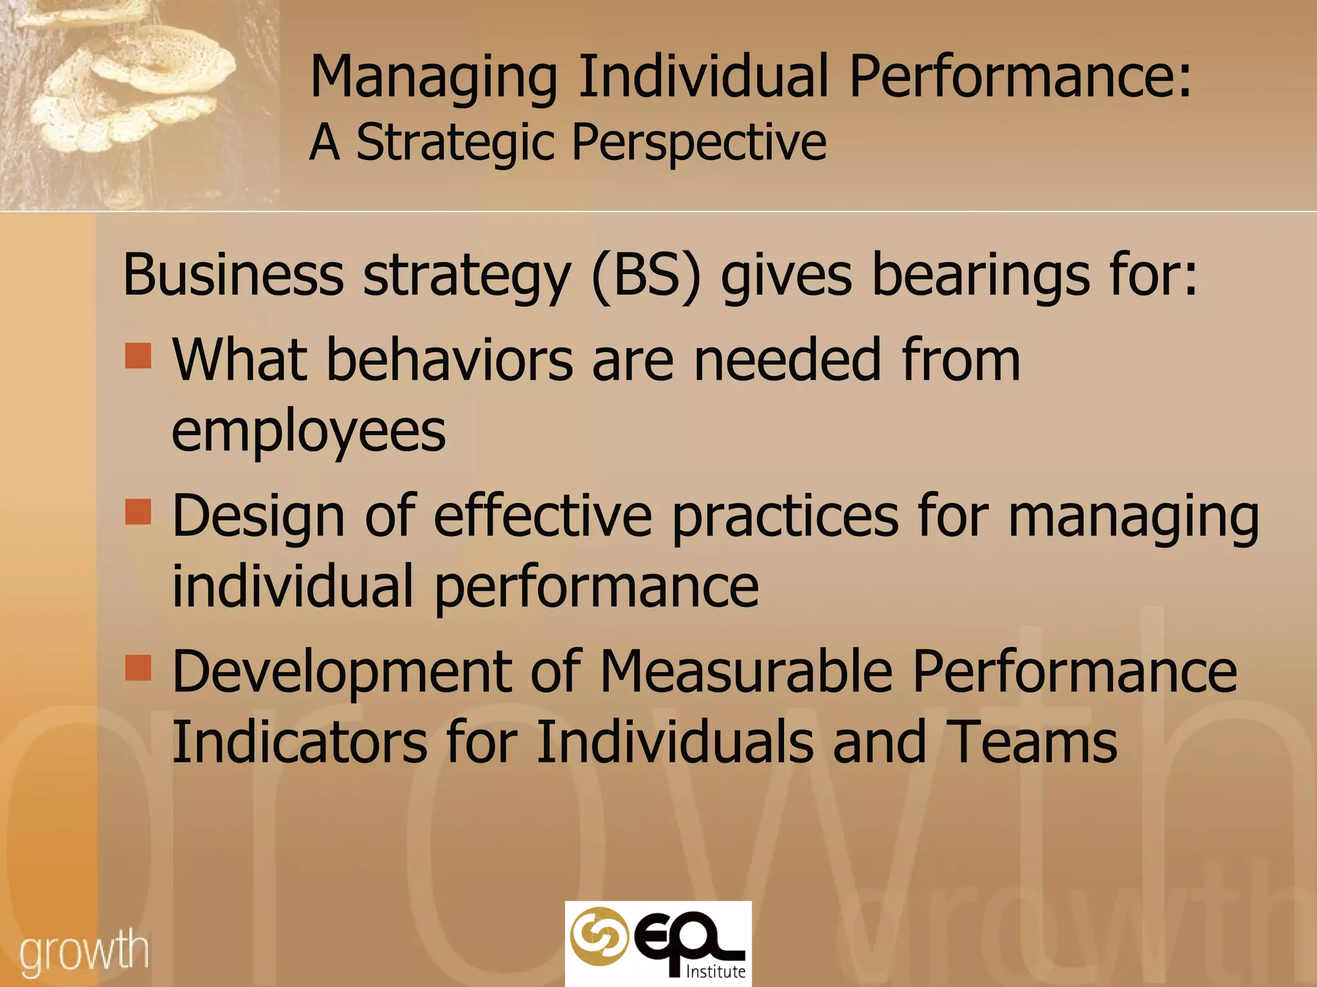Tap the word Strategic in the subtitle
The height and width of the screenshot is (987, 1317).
[455, 143]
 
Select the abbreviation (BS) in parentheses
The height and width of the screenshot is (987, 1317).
[645, 276]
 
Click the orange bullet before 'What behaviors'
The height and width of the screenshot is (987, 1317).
[138, 355]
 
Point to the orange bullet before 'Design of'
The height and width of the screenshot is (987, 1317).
[138, 512]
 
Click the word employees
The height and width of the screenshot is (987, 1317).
[309, 432]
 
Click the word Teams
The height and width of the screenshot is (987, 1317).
[1031, 742]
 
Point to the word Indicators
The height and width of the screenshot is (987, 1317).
[299, 742]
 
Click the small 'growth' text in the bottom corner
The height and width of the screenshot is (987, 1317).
[84, 952]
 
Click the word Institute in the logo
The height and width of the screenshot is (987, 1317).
[716, 972]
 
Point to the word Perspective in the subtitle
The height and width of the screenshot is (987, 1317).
[699, 143]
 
